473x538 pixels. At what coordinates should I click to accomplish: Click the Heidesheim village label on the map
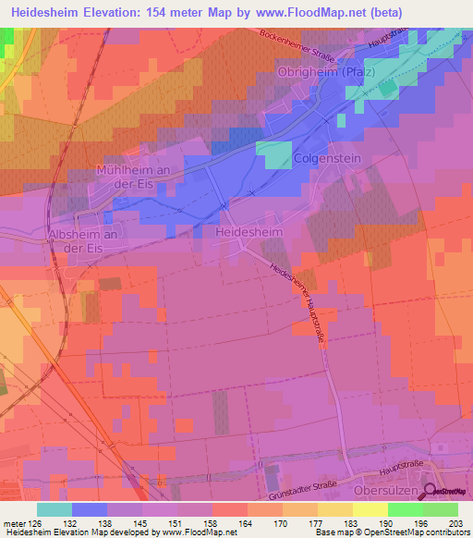[x=249, y=234]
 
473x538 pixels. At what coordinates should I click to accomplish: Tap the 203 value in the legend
[x=443, y=523]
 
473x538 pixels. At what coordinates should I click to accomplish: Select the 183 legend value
[x=335, y=523]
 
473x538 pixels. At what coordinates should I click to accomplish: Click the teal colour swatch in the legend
[x=55, y=509]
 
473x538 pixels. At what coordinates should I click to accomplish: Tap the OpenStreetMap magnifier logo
[x=431, y=493]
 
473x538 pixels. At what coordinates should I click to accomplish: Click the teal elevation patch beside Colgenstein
[x=273, y=155]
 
